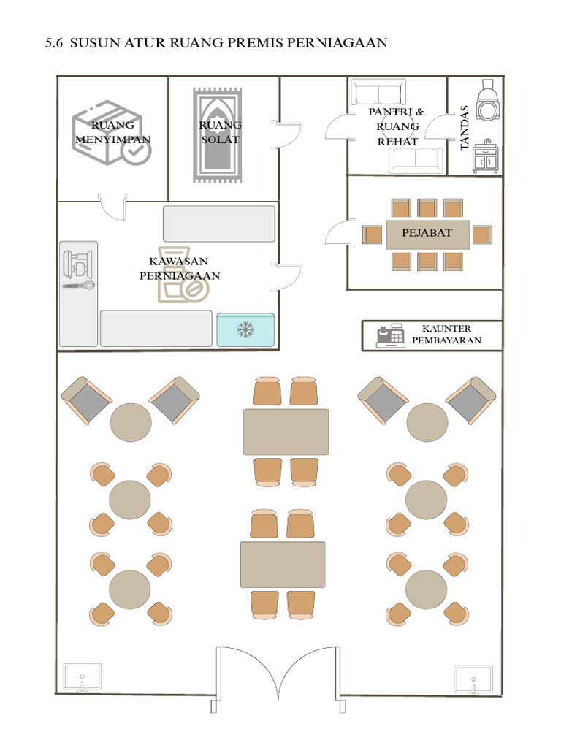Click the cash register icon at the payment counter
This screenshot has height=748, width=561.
pyautogui.click(x=391, y=336)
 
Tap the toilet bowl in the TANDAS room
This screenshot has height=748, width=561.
pyautogui.click(x=487, y=99)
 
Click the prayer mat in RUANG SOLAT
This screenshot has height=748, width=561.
pyautogui.click(x=218, y=135)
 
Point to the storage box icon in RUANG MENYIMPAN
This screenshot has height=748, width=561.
pyautogui.click(x=112, y=133)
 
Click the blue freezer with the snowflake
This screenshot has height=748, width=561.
pyautogui.click(x=245, y=329)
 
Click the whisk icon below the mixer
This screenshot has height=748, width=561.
pyautogui.click(x=78, y=286)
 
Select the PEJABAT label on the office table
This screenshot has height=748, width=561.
pyautogui.click(x=427, y=233)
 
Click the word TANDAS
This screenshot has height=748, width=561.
pyautogui.click(x=465, y=129)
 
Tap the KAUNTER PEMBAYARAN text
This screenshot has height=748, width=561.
pyautogui.click(x=446, y=335)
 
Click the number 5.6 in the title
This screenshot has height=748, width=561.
pyautogui.click(x=54, y=43)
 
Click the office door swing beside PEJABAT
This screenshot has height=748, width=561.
pyautogui.click(x=340, y=232)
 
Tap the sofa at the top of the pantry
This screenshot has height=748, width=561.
pyautogui.click(x=379, y=91)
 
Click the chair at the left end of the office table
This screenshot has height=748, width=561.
pyautogui.click(x=372, y=234)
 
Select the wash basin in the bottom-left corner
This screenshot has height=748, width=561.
pyautogui.click(x=82, y=677)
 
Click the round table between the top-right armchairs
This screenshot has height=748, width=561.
pyautogui.click(x=427, y=422)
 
